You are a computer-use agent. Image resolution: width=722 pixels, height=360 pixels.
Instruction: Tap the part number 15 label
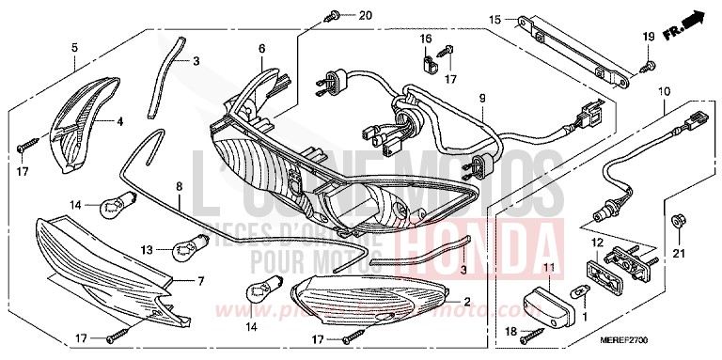click(494, 19)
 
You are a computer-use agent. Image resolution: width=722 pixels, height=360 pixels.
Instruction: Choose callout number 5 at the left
click(74, 45)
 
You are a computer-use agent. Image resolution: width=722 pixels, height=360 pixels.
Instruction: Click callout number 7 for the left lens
click(198, 281)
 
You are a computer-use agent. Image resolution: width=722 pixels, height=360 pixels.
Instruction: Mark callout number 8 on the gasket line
click(179, 188)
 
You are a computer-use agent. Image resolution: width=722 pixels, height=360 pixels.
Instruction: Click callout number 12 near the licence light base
click(594, 243)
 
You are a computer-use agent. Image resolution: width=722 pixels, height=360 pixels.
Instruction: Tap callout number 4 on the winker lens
click(119, 120)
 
